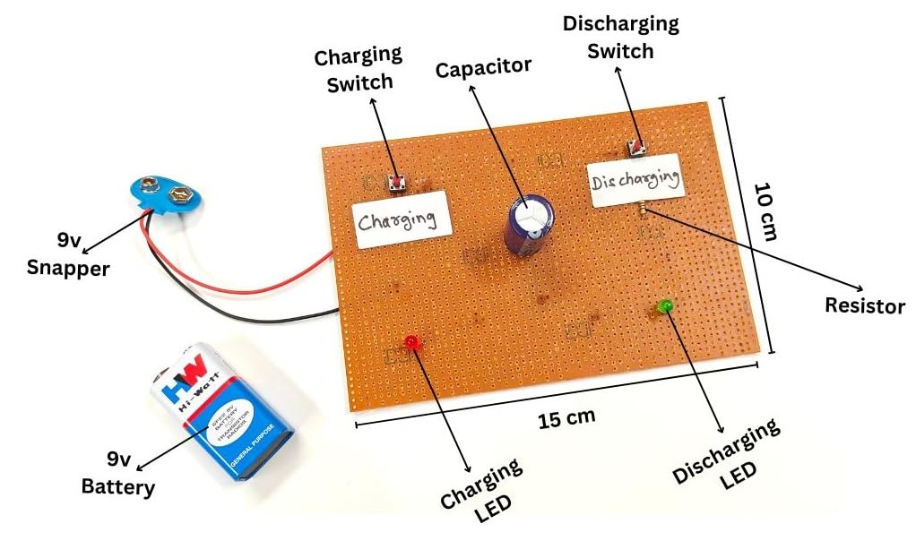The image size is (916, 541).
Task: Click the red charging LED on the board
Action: (x=411, y=342)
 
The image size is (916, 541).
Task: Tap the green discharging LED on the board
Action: (x=666, y=307)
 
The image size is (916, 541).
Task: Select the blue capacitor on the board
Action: (x=529, y=225)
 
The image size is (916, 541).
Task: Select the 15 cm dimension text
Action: (x=567, y=417)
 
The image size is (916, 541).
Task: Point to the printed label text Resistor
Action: (x=865, y=306)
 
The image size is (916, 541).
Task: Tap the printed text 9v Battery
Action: (x=117, y=475)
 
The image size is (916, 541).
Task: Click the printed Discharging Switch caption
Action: (x=620, y=37)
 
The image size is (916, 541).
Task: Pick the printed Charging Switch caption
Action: (x=353, y=71)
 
